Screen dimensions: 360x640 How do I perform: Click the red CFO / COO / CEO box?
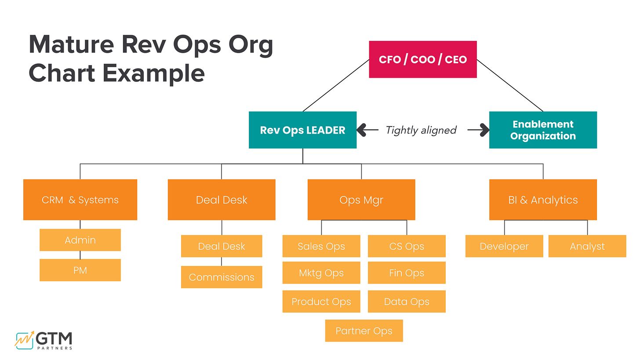(x=422, y=59)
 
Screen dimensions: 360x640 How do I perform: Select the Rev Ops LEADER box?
(x=302, y=130)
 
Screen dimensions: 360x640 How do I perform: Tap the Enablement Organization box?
(x=543, y=130)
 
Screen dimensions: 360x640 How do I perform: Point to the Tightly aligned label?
(x=421, y=130)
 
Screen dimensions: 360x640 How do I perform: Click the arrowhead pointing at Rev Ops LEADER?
(x=362, y=130)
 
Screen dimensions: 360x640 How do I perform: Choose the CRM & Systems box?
(x=80, y=200)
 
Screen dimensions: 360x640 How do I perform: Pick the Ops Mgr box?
(x=361, y=200)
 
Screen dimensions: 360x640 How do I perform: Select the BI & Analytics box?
(x=543, y=200)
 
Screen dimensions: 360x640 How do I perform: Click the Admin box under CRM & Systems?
(x=80, y=240)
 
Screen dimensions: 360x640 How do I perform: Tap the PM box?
(x=80, y=270)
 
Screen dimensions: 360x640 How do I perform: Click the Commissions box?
(x=222, y=277)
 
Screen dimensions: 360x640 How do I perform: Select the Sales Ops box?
(x=321, y=246)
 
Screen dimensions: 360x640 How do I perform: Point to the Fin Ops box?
(x=407, y=273)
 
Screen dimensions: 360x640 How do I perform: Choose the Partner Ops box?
(x=364, y=331)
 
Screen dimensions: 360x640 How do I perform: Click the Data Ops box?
(x=407, y=302)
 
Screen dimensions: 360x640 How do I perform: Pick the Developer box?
(x=504, y=246)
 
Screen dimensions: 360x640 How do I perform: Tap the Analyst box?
(x=587, y=246)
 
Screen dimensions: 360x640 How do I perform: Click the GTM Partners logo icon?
(x=24, y=340)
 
